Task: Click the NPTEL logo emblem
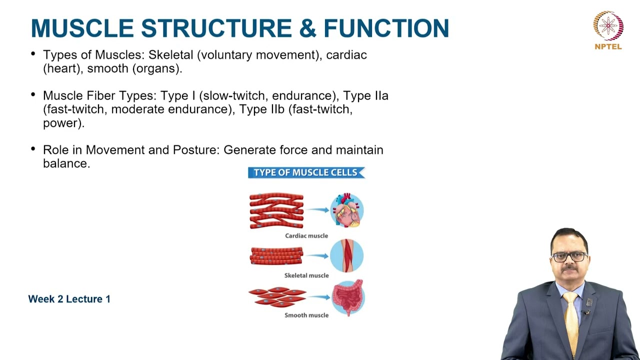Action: [x=608, y=26]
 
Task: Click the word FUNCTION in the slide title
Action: [x=386, y=28]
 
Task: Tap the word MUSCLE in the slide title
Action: [x=83, y=28]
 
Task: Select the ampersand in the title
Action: [x=307, y=28]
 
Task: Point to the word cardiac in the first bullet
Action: [x=346, y=55]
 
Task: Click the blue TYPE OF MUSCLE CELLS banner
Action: [x=306, y=172]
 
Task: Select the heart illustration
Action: [x=346, y=210]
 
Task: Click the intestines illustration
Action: [x=347, y=298]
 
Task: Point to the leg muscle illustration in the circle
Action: [x=346, y=255]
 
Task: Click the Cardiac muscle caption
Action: [x=306, y=235]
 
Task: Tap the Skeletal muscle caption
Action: [x=306, y=275]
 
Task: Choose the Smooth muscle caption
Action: [x=306, y=315]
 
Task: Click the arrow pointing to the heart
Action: [x=318, y=210]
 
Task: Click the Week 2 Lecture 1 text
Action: [x=69, y=299]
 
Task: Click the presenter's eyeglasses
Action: [x=569, y=257]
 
